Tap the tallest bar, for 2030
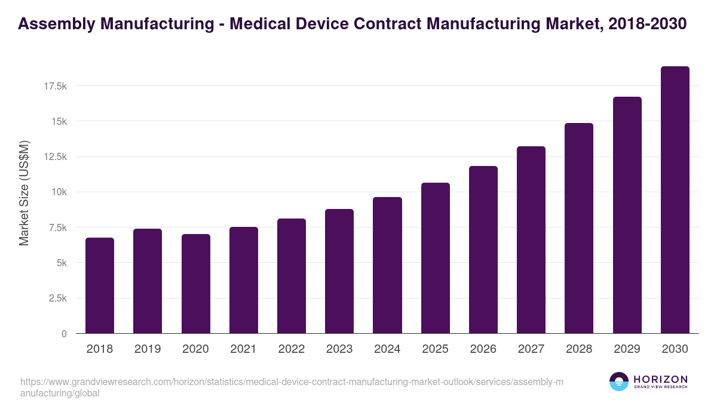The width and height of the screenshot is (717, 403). (675, 200)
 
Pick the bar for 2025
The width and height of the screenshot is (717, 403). (435, 258)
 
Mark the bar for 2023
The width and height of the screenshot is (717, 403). (339, 271)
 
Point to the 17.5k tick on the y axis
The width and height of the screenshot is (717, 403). (55, 87)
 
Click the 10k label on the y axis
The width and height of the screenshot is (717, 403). (59, 192)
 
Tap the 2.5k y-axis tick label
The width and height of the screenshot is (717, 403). (57, 299)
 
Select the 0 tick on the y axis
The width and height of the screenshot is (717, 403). (63, 334)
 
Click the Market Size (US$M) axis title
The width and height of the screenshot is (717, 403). (24, 193)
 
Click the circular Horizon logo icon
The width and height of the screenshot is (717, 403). (619, 382)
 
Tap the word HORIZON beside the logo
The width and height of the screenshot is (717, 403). (660, 379)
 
